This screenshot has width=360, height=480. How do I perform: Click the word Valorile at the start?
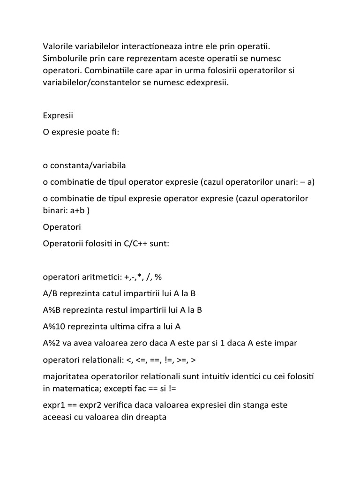tap(58, 46)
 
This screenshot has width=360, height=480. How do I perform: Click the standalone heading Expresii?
tap(58, 115)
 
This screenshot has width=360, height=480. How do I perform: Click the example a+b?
tap(75, 210)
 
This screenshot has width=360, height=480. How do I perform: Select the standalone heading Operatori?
tap(62, 227)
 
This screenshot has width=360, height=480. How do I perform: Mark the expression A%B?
tap(52, 310)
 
